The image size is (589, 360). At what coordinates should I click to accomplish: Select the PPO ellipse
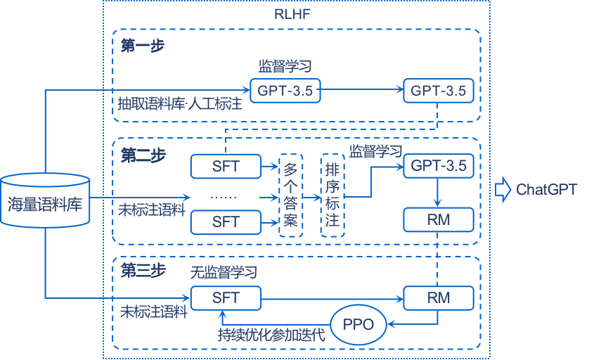click(358, 324)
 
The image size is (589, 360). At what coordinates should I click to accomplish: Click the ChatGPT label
click(546, 189)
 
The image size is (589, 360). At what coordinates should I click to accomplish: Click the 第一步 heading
click(143, 46)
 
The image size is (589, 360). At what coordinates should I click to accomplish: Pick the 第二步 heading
click(143, 155)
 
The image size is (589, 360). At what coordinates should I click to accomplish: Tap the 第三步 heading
click(143, 270)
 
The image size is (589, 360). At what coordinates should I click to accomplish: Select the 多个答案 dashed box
click(291, 195)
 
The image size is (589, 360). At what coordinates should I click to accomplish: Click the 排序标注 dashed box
click(332, 195)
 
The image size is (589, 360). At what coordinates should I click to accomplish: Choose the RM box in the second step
click(438, 220)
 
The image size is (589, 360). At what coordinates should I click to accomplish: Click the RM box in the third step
click(438, 298)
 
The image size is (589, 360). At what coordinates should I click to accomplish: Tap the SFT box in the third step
click(226, 298)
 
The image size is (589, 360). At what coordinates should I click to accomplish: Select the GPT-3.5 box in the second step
click(438, 166)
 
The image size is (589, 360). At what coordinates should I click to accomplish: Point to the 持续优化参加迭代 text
click(271, 335)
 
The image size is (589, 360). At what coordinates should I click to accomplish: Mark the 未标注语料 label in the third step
click(154, 311)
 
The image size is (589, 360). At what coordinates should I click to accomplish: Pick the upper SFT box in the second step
click(226, 167)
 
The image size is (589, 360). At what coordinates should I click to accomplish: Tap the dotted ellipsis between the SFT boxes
click(225, 196)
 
